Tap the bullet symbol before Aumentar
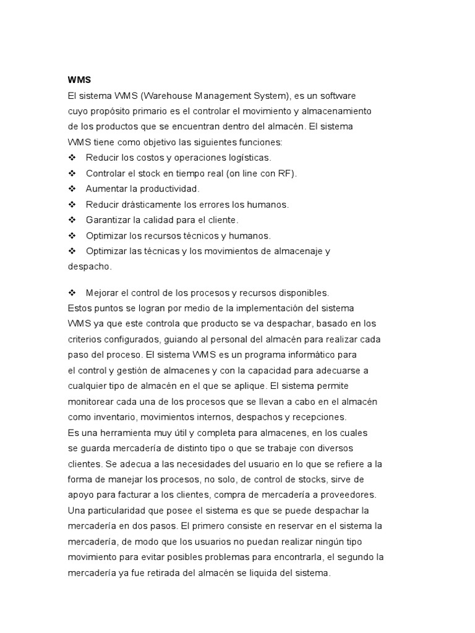point(71,189)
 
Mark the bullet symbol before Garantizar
point(71,219)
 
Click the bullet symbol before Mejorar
point(71,292)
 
